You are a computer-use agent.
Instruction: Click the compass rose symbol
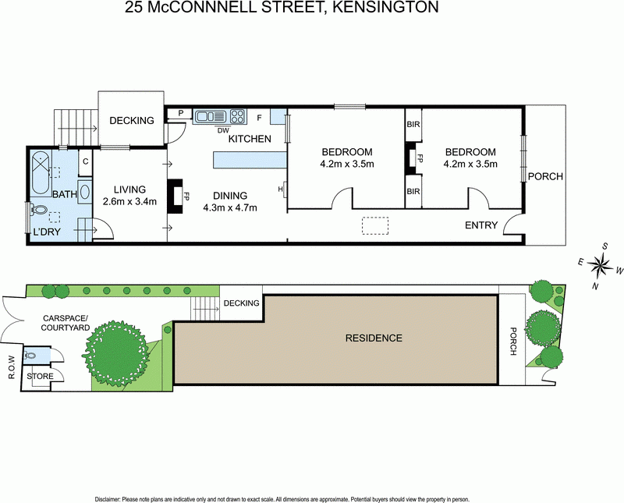click(x=601, y=268)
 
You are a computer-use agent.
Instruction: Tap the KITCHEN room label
click(x=250, y=139)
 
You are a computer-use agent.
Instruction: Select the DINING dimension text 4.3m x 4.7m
click(x=230, y=207)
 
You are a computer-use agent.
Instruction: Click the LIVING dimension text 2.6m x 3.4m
click(x=130, y=201)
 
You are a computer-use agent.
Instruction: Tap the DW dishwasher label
click(x=223, y=130)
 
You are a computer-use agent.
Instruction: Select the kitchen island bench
click(x=250, y=160)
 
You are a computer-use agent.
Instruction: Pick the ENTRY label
click(x=481, y=225)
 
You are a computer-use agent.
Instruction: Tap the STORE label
click(x=40, y=377)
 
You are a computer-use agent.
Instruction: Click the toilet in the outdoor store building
click(x=30, y=356)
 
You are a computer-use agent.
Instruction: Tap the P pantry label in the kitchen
click(x=181, y=114)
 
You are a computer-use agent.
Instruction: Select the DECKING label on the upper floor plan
click(x=130, y=120)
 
